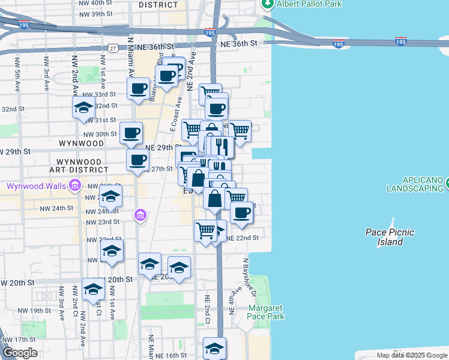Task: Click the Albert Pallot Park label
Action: (x=309, y=4)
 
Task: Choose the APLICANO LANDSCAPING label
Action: (x=414, y=184)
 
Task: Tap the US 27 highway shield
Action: (x=113, y=47)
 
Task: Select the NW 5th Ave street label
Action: (x=19, y=75)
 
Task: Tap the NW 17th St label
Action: (x=21, y=340)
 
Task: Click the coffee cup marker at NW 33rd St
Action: (x=138, y=89)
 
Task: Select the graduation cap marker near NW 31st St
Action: (x=84, y=109)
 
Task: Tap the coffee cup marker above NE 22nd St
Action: (x=241, y=212)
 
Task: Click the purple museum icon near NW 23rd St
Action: (x=140, y=214)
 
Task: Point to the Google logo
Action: (x=19, y=353)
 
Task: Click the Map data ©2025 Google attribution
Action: (x=412, y=355)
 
